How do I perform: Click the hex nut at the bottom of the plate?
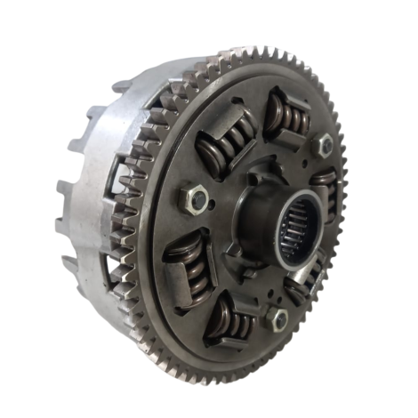pos(279,318)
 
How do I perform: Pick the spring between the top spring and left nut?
pos(224,141)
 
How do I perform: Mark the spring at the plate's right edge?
pos(327,191)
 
